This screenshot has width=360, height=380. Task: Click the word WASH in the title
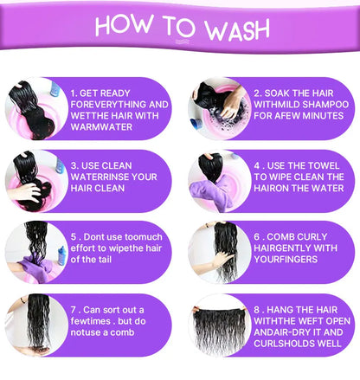pyautogui.click(x=237, y=29)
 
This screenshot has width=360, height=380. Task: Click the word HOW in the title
pyautogui.click(x=125, y=24)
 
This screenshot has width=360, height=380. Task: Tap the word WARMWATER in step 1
pyautogui.click(x=101, y=127)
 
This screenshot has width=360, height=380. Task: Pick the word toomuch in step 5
pyautogui.click(x=144, y=237)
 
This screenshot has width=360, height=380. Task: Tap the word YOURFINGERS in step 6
pyautogui.click(x=286, y=260)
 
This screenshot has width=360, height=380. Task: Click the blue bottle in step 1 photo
pyautogui.click(x=55, y=89)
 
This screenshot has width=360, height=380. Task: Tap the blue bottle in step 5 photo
pyautogui.click(x=61, y=255)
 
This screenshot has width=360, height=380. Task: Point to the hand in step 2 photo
pyautogui.click(x=233, y=102)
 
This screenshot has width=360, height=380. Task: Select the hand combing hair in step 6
pyautogui.click(x=221, y=258)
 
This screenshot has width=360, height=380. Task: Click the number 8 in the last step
pyautogui.click(x=257, y=310)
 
